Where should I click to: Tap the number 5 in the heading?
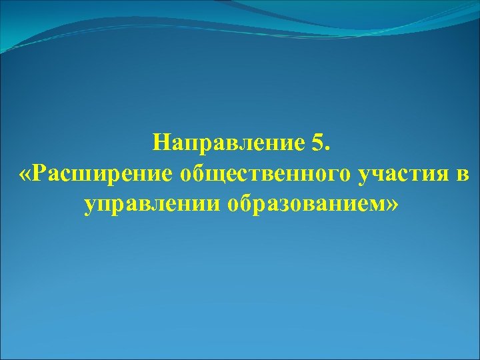tap(317, 141)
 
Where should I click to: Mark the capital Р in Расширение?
tap(41, 173)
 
